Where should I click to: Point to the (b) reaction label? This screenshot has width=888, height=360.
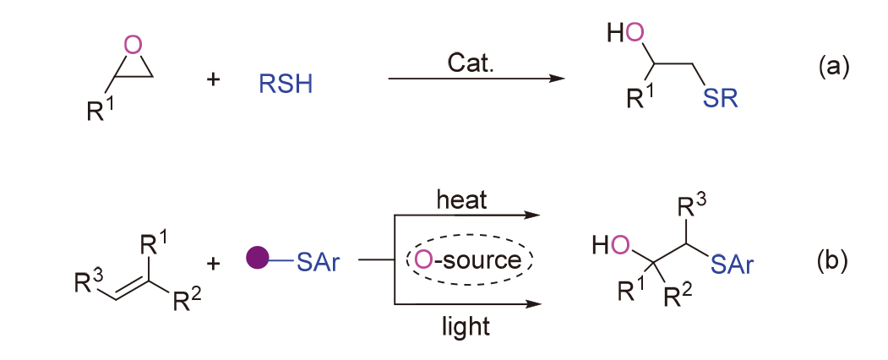pyautogui.click(x=832, y=261)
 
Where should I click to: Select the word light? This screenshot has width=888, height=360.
pyautogui.click(x=464, y=325)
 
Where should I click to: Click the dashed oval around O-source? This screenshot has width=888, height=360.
pyautogui.click(x=470, y=259)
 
